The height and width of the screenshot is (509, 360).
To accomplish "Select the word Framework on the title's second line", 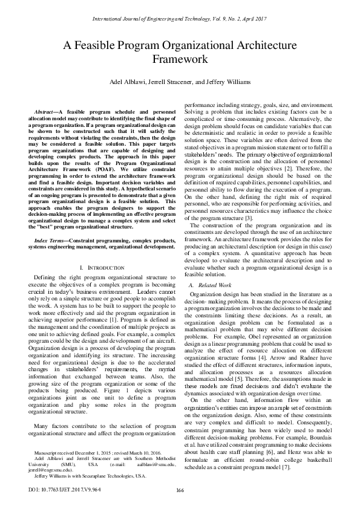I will pos(180,60).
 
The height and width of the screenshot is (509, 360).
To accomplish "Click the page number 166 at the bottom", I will pos(180,490).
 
